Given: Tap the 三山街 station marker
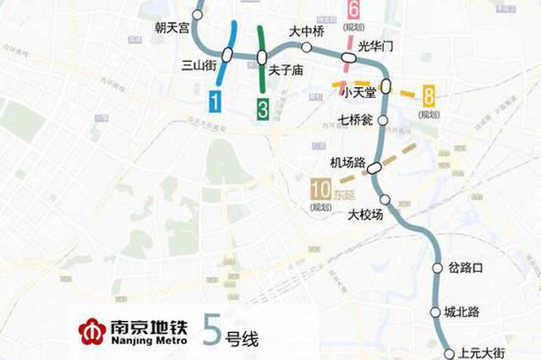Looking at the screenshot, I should pyautogui.click(x=227, y=56).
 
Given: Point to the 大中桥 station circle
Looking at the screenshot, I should pyautogui.click(x=306, y=47).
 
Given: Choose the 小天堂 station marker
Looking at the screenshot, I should pyautogui.click(x=385, y=85).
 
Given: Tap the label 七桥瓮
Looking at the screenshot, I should pyautogui.click(x=356, y=119).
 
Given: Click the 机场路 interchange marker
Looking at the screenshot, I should pyautogui.click(x=374, y=167).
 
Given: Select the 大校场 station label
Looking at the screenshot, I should pyautogui.click(x=366, y=215).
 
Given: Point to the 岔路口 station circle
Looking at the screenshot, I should pyautogui.click(x=438, y=269).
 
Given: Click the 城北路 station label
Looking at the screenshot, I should pyautogui.click(x=462, y=312).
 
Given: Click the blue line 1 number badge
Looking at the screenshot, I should pyautogui.click(x=216, y=104).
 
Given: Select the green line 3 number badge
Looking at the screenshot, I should pyautogui.click(x=264, y=107).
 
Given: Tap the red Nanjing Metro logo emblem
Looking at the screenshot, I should pyautogui.click(x=91, y=330).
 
